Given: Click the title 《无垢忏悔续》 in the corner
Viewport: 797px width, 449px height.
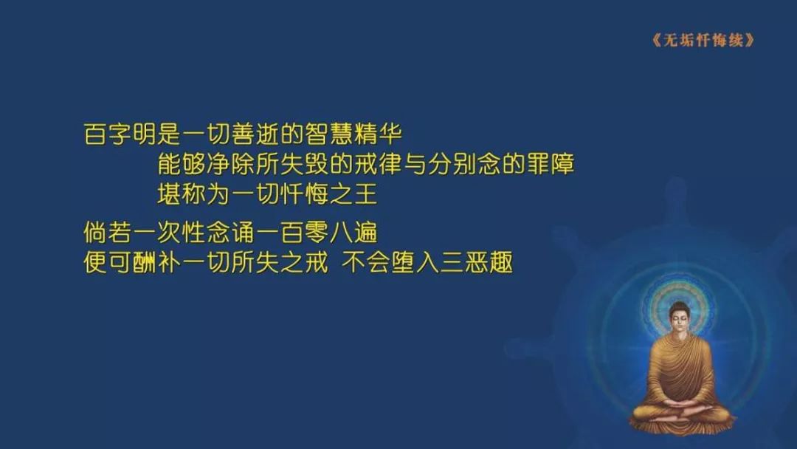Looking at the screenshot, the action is [x=703, y=40].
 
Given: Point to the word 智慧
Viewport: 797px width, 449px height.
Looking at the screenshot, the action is [x=328, y=134].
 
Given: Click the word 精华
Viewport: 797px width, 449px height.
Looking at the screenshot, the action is [x=378, y=134].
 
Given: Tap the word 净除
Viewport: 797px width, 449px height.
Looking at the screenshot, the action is [x=230, y=164].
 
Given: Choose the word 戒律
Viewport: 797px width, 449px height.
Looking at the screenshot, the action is [x=378, y=164].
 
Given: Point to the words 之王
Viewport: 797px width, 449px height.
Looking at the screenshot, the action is [x=353, y=193].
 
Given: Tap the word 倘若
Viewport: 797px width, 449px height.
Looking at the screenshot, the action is [x=108, y=233].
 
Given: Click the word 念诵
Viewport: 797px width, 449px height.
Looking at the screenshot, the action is [x=230, y=233].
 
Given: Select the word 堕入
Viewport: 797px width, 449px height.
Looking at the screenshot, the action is [x=415, y=262].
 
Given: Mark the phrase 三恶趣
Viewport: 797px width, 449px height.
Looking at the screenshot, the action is [x=476, y=262].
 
